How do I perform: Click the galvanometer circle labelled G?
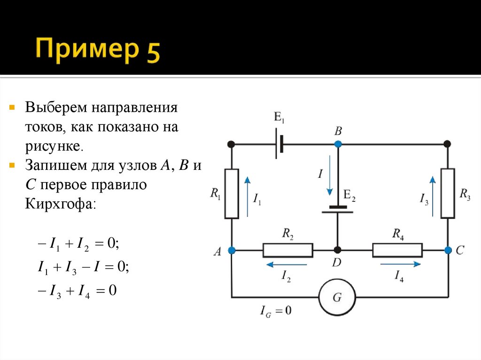[337, 297]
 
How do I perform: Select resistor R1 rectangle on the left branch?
[232, 193]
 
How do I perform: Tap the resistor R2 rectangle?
[287, 250]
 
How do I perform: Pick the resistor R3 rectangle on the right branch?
[448, 193]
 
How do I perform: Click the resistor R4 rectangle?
[397, 250]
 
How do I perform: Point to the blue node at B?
[338, 143]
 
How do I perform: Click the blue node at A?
[232, 250]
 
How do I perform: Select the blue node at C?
[448, 250]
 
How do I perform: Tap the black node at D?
[337, 250]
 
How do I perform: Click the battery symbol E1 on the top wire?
[279, 143]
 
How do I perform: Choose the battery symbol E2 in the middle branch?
[337, 209]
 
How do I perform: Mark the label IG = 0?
[276, 310]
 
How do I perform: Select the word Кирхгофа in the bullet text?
[61, 204]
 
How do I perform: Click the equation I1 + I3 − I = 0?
[83, 267]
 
